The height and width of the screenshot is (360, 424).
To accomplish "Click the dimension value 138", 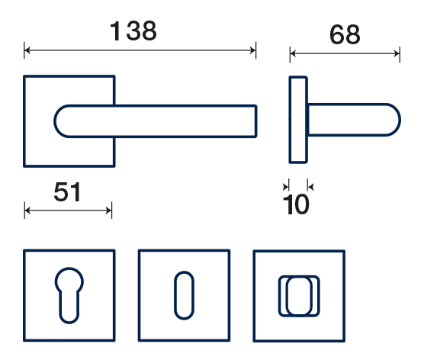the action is coord(133,31).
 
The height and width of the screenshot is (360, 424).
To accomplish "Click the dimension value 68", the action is coord(345,34).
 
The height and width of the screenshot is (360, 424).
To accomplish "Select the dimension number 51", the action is coord(67,191).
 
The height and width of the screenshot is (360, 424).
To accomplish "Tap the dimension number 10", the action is coord(296,204).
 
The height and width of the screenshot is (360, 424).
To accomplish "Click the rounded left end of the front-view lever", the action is coord(55,121).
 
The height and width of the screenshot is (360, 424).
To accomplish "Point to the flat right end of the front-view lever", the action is coord(255,121).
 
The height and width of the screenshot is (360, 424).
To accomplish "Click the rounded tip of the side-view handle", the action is coord(400,120).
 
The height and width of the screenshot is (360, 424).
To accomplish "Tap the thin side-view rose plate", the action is coord(298,120).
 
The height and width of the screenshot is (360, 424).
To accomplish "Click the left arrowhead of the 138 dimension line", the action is coord(27,50).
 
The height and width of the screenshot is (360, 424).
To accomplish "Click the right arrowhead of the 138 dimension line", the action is coord(253,50).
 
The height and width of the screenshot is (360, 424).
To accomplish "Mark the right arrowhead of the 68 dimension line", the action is coord(397,53).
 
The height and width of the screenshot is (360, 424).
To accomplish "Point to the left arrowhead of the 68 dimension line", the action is coord(293,53).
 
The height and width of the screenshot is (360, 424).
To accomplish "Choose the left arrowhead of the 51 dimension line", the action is coord(27,211).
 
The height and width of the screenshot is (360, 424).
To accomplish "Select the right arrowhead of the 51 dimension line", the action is coord(109,211).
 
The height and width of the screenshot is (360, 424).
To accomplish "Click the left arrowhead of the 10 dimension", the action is coord(286,187).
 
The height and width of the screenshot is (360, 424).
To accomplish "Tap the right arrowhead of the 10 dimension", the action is coord(310,187).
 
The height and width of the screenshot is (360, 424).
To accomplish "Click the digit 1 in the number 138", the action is coord(116,31).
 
